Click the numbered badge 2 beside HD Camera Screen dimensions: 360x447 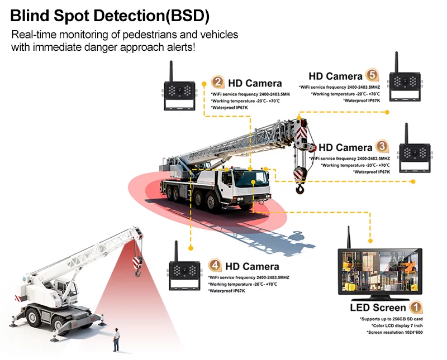218,83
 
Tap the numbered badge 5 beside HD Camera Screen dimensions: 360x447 372,75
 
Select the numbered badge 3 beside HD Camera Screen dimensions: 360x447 382,147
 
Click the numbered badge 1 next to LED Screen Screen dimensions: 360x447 415,307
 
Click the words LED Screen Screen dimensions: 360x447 378,308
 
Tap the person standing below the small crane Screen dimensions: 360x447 116,339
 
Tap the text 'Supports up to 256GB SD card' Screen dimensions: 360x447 391,319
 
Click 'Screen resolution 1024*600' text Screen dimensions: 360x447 394,333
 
